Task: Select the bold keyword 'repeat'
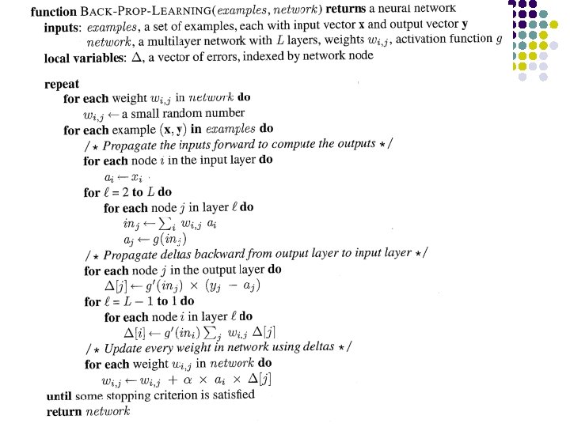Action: point(61,84)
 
